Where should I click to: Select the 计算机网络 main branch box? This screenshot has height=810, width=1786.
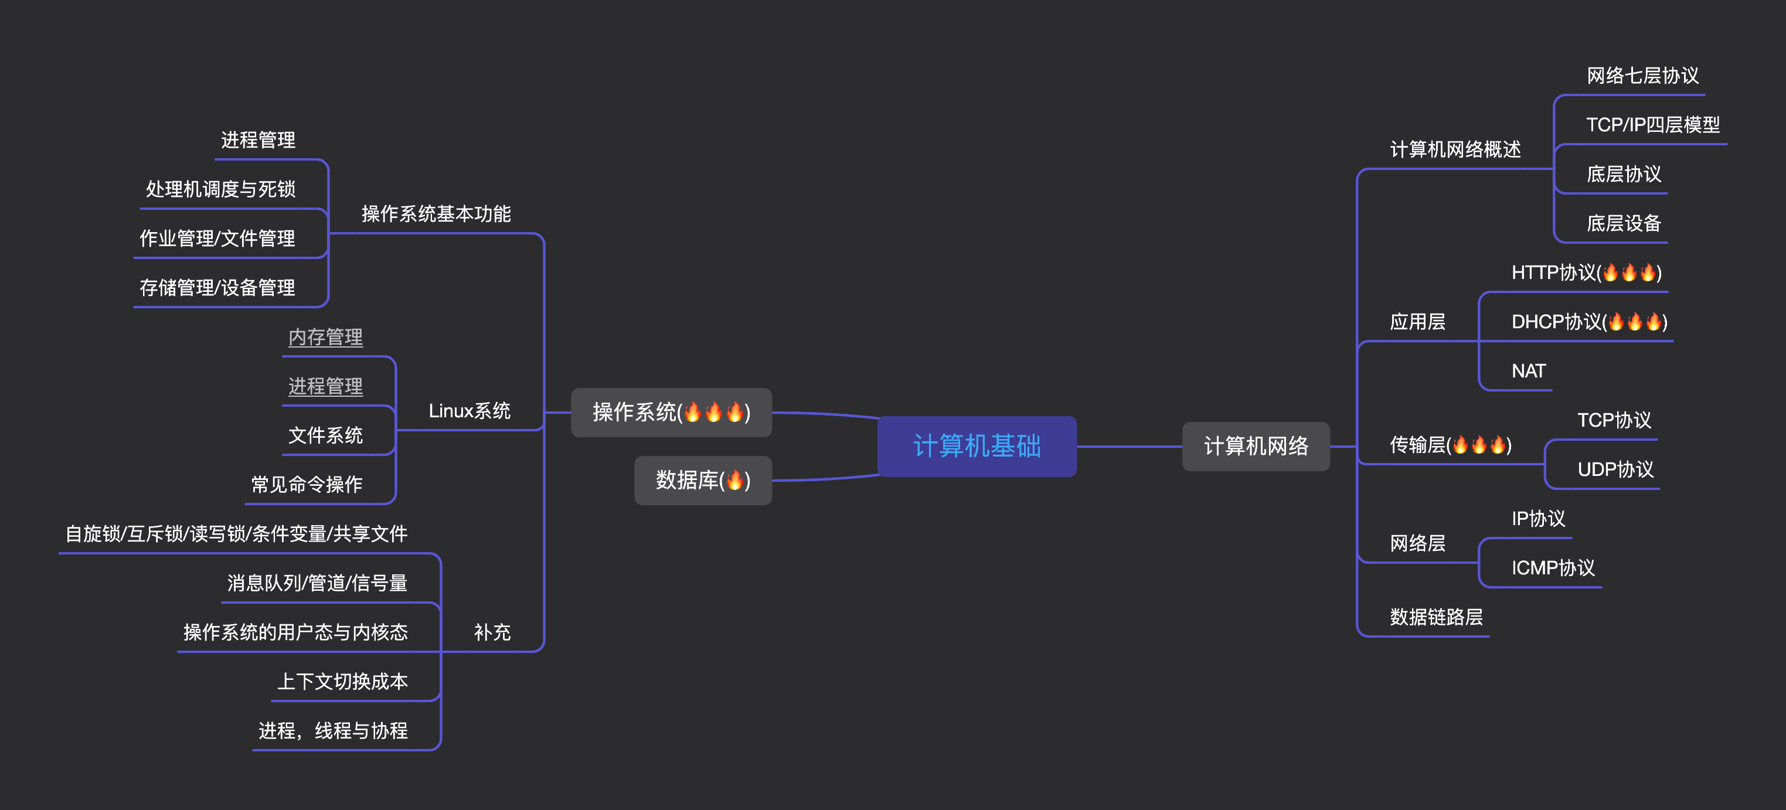[1256, 446]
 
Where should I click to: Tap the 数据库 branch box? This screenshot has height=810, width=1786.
[702, 480]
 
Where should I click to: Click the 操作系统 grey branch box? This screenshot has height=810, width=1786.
[671, 412]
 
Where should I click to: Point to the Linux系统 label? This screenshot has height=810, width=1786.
[470, 410]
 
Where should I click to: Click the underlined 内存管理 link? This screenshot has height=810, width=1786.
[325, 337]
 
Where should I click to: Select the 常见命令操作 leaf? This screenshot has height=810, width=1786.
[307, 484]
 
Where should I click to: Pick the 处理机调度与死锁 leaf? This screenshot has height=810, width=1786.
[220, 189]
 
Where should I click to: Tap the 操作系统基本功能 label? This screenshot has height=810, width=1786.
[436, 213]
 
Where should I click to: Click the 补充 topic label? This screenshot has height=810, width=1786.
[492, 632]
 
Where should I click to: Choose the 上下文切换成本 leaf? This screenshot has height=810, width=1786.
[342, 681]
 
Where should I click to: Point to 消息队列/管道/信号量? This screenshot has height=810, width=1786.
[317, 583]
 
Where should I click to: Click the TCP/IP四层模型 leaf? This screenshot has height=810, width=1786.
[1652, 125]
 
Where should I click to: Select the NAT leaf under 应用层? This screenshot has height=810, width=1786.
[1528, 371]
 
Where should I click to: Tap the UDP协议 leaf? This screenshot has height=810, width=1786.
[1615, 469]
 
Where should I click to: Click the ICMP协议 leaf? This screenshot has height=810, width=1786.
[1552, 568]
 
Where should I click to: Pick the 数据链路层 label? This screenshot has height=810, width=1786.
[1436, 617]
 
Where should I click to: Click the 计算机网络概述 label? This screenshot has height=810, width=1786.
[1455, 149]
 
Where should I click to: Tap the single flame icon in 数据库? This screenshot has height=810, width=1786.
[735, 480]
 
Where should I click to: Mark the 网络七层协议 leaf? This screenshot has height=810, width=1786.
[1642, 76]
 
